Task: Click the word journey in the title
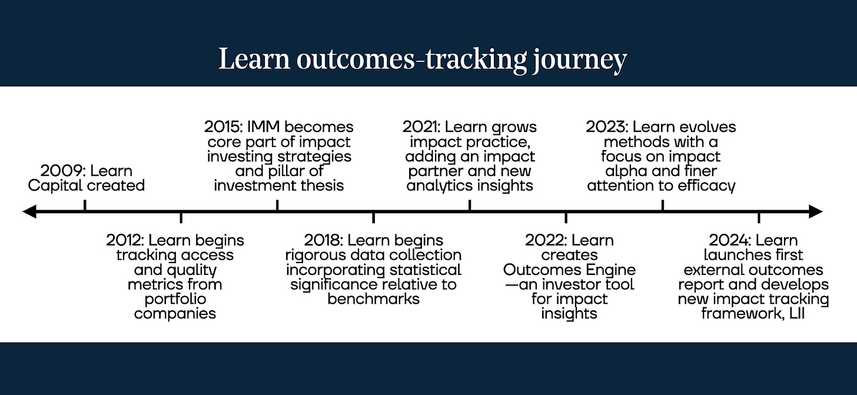(579, 61)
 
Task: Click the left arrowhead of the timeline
(29, 211)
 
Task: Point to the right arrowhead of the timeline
(815, 211)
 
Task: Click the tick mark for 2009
(85, 205)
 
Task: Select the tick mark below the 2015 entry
(277, 205)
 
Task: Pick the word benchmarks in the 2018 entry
(373, 299)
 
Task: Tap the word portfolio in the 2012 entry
(175, 299)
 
